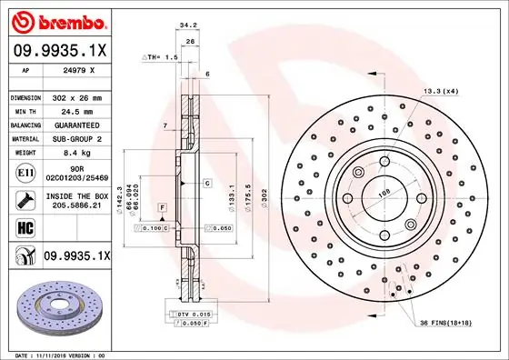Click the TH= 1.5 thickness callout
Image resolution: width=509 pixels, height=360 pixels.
pos(161,56)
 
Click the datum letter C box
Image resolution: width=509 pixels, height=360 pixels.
pos(207,184)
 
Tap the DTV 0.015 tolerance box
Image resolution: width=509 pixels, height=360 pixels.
pos(186,313)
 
